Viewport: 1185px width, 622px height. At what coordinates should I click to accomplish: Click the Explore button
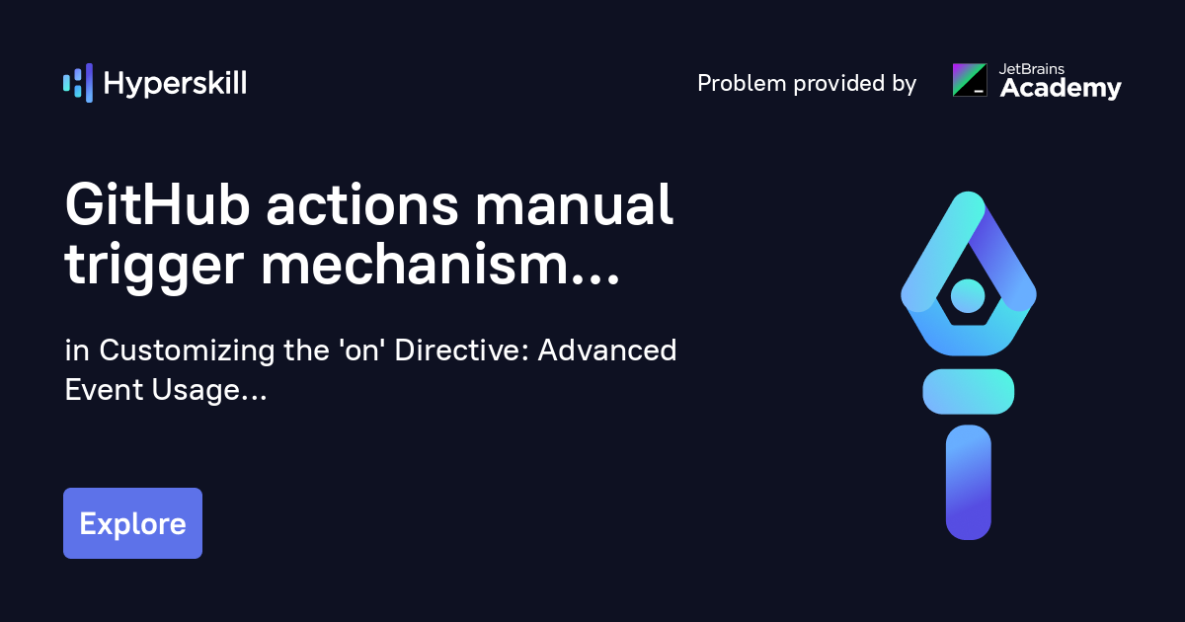click(132, 523)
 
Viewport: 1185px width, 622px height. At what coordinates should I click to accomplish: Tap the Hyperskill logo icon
click(78, 83)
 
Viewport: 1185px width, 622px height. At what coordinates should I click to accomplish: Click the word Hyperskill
click(175, 84)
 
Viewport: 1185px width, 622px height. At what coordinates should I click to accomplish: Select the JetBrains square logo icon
click(970, 80)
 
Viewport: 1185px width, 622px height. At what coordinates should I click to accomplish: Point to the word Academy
click(1061, 88)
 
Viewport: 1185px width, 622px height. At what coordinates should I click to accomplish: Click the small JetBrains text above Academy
click(1032, 69)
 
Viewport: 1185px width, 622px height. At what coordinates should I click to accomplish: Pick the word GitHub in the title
click(157, 204)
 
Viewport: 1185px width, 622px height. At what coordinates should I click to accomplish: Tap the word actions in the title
click(361, 206)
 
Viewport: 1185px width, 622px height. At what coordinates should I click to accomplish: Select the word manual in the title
click(574, 204)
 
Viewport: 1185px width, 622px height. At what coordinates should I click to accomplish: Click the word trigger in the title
click(154, 267)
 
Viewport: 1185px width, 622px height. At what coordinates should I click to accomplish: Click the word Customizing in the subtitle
click(187, 351)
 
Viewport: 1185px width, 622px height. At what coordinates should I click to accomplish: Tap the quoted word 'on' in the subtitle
click(362, 350)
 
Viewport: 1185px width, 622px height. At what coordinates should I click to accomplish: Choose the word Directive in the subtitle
click(461, 350)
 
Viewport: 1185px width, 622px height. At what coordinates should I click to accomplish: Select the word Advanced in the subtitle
click(606, 350)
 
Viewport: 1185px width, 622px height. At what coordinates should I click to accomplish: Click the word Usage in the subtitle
click(196, 391)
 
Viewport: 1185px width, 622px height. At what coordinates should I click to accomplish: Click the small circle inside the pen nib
click(968, 295)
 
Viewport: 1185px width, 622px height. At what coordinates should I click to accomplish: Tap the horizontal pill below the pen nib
click(968, 391)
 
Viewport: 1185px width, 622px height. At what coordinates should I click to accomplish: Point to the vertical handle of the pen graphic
click(968, 483)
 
